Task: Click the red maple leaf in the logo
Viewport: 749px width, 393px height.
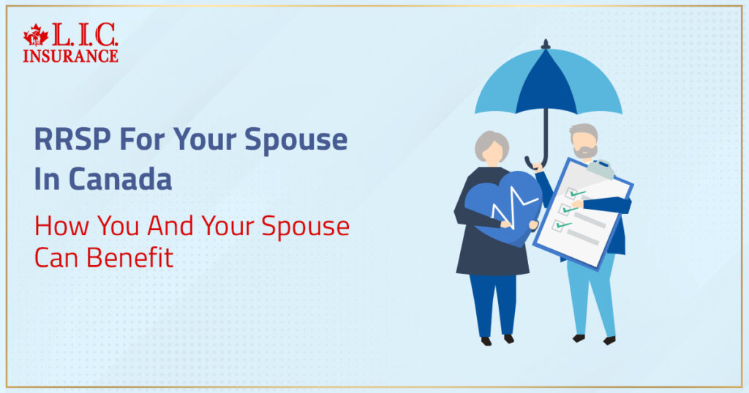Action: coord(35,35)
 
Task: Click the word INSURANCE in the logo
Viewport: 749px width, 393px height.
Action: coord(70,55)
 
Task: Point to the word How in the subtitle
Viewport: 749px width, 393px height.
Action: coord(57,227)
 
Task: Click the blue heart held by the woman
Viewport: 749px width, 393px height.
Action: coord(497,208)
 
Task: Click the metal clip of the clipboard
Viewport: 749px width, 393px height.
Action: coord(602,169)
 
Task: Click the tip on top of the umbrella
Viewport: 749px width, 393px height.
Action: coord(545,45)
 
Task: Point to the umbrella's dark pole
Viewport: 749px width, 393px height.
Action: coord(546,135)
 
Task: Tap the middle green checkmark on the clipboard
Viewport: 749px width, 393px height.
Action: coord(570,209)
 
